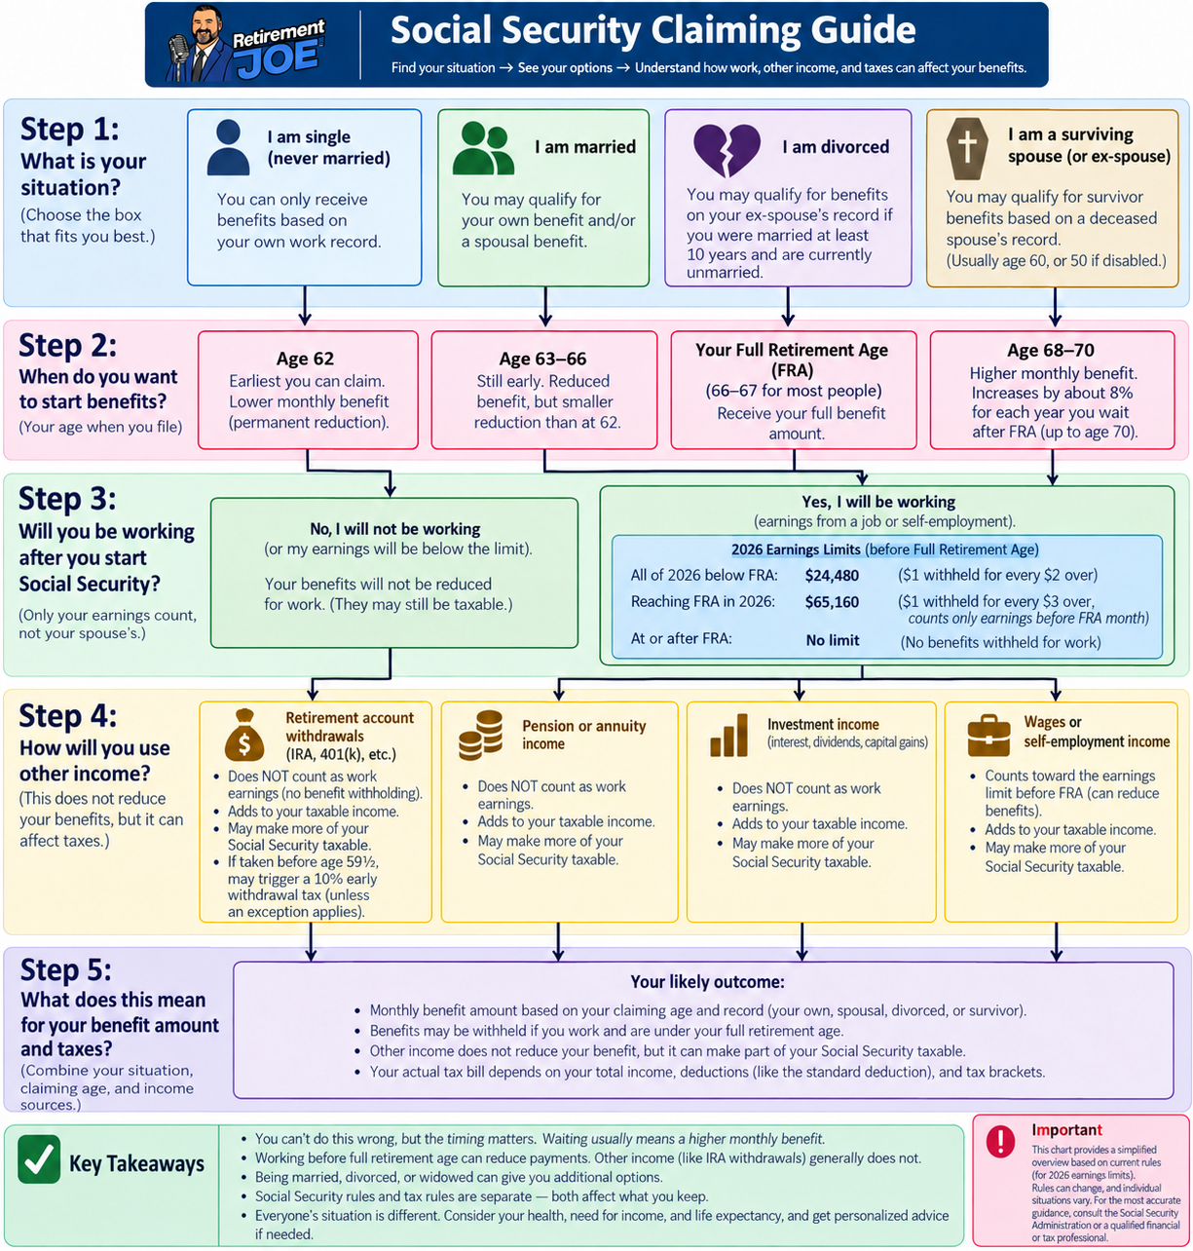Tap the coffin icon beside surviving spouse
coord(967,148)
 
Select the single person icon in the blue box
coord(228,147)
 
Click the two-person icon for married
coord(483,148)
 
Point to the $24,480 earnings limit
coord(832,576)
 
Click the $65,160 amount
coord(832,602)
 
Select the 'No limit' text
coord(833,640)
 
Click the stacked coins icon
coord(480,736)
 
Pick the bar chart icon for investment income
coord(728,735)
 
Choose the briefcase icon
coord(988,736)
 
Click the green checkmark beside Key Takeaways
coord(40,1158)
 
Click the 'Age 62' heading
coord(305,359)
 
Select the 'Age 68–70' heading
coord(1051,350)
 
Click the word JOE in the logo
coord(279,59)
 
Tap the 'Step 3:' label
coord(67,499)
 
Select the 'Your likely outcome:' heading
coord(707,982)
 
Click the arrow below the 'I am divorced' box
coord(788,307)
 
